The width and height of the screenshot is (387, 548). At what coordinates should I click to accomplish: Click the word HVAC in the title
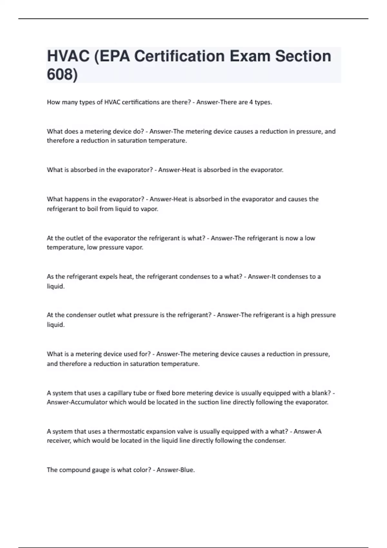click(x=68, y=56)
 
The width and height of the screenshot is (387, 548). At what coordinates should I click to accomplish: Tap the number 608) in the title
click(x=62, y=74)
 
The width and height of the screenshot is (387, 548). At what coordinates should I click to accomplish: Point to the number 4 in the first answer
click(x=251, y=102)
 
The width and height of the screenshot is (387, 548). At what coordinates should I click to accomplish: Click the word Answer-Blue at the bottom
click(x=175, y=470)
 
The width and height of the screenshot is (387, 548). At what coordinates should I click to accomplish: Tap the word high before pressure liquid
click(x=303, y=315)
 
